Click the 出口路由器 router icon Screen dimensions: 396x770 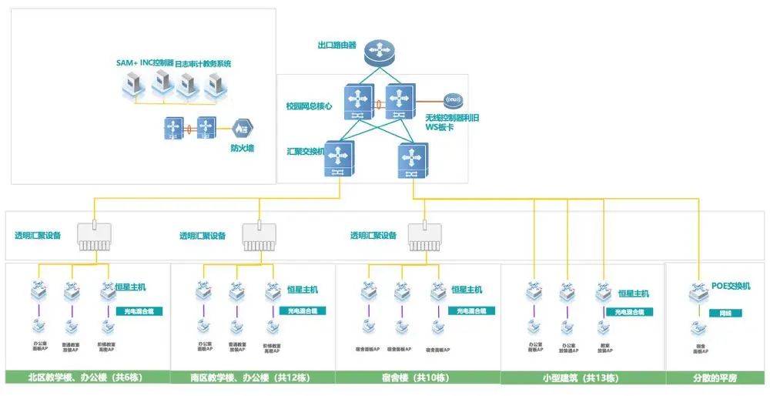point(379,51)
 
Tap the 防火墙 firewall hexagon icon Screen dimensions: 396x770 point(243,127)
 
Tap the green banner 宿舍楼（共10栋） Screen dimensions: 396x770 point(417,378)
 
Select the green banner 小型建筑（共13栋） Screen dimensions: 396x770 point(581,378)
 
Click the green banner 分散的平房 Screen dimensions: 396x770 point(715,378)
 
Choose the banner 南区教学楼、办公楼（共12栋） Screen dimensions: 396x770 point(252,378)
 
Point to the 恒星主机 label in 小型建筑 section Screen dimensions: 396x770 point(634,294)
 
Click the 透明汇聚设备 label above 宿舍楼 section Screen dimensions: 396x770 point(373,236)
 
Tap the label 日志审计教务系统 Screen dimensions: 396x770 point(203,63)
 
